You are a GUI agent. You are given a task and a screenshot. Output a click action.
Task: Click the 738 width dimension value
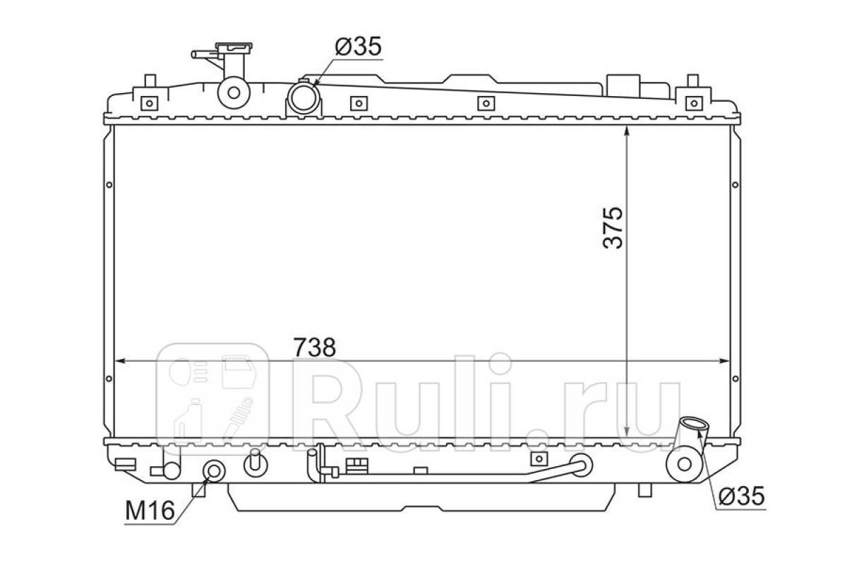pos(315,347)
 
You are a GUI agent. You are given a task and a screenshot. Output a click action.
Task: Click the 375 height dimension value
pos(612,228)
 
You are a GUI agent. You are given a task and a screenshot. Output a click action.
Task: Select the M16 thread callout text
pos(150,511)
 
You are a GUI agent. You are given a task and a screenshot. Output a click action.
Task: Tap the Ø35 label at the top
pos(358,47)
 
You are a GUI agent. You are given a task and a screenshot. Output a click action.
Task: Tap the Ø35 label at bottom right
pos(742,496)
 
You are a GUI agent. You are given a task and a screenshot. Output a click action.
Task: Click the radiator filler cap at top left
pos(234,47)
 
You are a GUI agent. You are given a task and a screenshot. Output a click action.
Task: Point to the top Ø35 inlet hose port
pos(304,98)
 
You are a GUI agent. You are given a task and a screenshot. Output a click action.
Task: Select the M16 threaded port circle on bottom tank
pos(214,472)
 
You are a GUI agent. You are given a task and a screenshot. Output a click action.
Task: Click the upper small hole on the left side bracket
pos(109,184)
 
